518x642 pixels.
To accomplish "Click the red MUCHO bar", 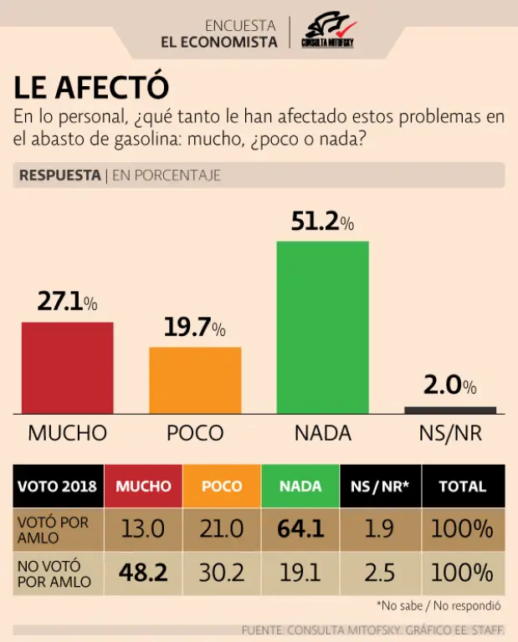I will tap(67, 367).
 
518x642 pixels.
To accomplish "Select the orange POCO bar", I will tap(195, 380).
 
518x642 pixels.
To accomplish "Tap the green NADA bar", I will tap(322, 327).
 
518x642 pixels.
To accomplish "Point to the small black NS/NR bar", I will tap(450, 410).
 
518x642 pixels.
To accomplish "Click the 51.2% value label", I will tap(322, 222).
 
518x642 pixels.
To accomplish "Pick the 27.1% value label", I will tap(68, 302).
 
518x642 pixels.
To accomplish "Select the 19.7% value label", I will tap(194, 328).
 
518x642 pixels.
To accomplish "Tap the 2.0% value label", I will tap(450, 385).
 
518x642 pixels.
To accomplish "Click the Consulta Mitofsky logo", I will tap(328, 31).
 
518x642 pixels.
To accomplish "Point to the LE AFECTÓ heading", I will tap(92, 87).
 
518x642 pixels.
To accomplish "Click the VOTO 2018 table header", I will tap(57, 487).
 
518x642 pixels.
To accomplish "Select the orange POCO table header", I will tap(222, 487).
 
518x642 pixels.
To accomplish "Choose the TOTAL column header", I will tap(462, 487).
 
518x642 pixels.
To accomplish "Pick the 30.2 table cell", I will tap(221, 573).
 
